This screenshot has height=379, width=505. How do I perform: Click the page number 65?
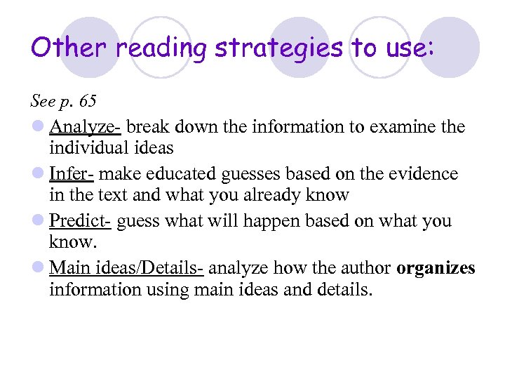(88, 101)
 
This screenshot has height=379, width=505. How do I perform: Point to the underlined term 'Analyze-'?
(85, 127)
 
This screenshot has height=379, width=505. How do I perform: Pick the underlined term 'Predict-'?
(80, 221)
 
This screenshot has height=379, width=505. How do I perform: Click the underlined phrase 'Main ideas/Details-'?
(126, 268)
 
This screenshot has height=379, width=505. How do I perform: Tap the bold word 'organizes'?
(436, 268)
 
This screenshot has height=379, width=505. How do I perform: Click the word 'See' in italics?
(42, 101)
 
